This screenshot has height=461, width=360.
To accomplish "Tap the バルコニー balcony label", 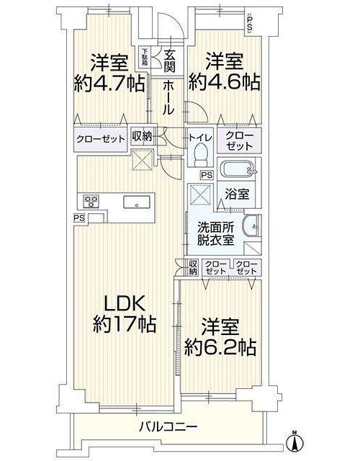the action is [168, 426].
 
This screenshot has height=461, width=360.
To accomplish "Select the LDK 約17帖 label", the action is [125, 314].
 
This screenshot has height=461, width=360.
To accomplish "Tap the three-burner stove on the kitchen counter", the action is [91, 202].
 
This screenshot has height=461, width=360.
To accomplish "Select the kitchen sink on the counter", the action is [137, 202].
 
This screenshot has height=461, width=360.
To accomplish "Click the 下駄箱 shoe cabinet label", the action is [145, 56].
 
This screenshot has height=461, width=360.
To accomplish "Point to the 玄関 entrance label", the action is [170, 61].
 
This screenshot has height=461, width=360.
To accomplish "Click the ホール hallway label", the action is [168, 97].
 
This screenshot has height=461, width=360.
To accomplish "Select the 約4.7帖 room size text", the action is [109, 84].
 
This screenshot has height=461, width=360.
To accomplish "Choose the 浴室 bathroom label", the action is [237, 194].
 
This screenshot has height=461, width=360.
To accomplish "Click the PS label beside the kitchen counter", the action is [79, 218].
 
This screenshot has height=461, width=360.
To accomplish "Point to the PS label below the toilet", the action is [207, 175].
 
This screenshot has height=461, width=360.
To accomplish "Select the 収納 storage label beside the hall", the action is [142, 136].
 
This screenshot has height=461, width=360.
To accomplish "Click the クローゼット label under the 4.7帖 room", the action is [100, 139].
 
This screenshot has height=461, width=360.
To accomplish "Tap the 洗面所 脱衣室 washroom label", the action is [215, 234].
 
